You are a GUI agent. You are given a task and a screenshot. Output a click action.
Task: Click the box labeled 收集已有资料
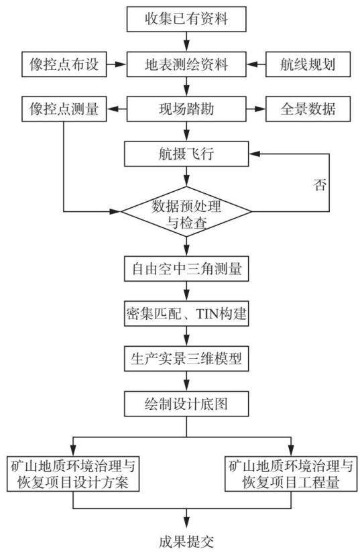186,19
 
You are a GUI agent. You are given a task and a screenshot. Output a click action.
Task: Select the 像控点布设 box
64,64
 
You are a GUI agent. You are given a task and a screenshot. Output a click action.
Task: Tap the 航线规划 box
308,64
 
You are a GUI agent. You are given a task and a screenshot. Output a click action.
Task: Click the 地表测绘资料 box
186,64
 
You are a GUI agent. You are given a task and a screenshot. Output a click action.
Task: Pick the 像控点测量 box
64,109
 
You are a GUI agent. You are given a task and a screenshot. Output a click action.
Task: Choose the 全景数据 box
308,109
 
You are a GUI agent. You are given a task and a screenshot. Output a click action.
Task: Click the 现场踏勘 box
186,109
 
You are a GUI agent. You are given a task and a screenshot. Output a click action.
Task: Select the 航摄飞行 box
186,154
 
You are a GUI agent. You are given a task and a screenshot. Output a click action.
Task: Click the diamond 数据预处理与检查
186,211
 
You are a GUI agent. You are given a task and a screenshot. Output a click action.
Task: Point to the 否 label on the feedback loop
320,185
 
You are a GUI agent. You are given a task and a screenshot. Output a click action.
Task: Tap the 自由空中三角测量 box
186,268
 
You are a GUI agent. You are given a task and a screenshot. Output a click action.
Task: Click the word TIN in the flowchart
207,313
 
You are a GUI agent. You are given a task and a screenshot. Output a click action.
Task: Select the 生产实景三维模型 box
186,358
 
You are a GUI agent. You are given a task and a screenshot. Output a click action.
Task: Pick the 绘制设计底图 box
186,404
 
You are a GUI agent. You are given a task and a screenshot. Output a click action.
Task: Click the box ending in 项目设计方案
73,474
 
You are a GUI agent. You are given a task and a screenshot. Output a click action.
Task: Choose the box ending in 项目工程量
291,474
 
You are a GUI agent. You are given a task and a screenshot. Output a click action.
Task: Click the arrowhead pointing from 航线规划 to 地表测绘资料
251,64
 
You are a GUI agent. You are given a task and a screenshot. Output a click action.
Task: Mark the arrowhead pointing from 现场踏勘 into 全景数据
260,109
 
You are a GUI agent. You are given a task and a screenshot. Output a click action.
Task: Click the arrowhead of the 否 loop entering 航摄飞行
254,154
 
